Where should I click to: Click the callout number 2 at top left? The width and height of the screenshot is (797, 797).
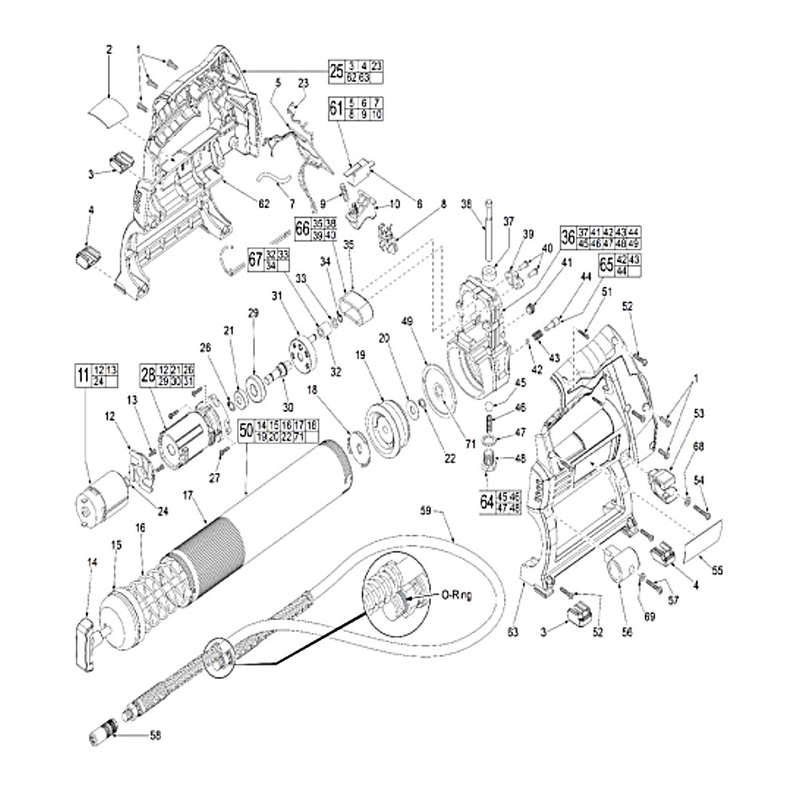109,49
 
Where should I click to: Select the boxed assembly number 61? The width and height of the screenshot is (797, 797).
336,109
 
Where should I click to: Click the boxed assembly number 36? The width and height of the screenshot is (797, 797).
567,237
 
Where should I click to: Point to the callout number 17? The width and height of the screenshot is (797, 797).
189,496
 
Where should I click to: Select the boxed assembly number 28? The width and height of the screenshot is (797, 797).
148,375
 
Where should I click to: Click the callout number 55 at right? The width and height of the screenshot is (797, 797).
717,570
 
